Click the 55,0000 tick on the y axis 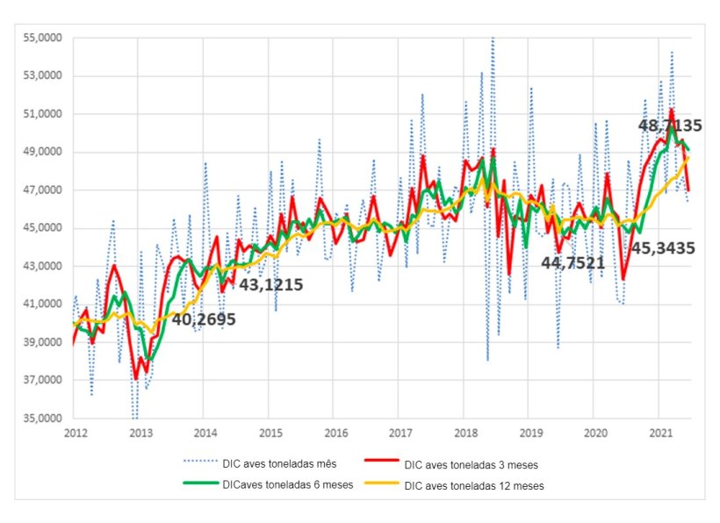[x=37, y=39]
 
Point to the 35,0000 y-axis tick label [x=37, y=419]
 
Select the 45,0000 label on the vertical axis [x=37, y=229]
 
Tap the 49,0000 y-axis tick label [x=37, y=153]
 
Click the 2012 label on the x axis [x=74, y=433]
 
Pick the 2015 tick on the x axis [x=270, y=433]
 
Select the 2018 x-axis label [x=465, y=433]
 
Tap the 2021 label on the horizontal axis [x=661, y=433]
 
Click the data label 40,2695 [x=203, y=320]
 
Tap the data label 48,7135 [x=670, y=126]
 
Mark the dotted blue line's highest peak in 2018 [x=492, y=38]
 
